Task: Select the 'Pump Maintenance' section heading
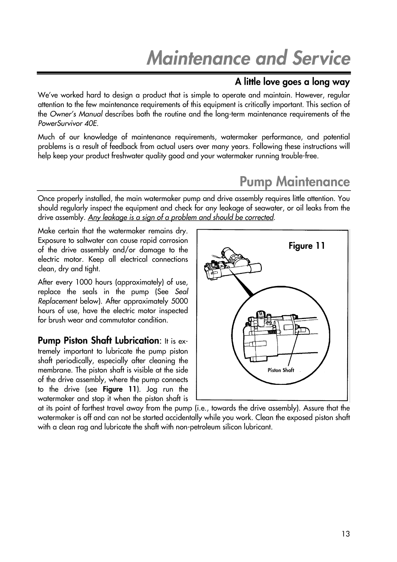294,182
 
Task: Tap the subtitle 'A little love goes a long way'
292,82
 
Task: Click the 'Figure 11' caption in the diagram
306,246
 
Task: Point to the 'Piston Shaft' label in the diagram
281,370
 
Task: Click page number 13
346,534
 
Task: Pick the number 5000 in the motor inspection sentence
179,301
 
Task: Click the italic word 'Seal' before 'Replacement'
182,292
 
